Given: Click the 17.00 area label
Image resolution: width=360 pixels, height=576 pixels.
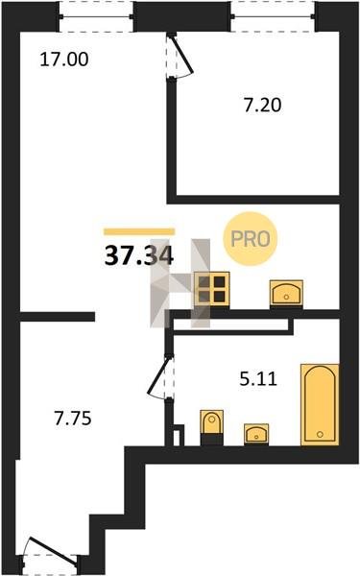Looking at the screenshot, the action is pyautogui.click(x=64, y=60).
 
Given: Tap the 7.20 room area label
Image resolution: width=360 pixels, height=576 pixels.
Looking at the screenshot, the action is pyautogui.click(x=263, y=105).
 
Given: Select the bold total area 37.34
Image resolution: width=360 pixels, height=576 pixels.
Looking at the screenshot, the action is pyautogui.click(x=139, y=256).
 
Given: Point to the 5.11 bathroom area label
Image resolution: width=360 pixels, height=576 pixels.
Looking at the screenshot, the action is pyautogui.click(x=258, y=379).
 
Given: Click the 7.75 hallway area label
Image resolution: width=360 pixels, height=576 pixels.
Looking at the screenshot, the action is pyautogui.click(x=73, y=419).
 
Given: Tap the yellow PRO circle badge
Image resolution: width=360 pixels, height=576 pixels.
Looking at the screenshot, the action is pyautogui.click(x=251, y=239).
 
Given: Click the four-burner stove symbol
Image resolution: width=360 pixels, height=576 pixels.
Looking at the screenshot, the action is pyautogui.click(x=212, y=289).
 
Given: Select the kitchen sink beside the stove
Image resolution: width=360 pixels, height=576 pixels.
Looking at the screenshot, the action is pyautogui.click(x=286, y=293).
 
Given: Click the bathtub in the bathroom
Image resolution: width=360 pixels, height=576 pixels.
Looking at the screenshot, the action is pyautogui.click(x=320, y=405).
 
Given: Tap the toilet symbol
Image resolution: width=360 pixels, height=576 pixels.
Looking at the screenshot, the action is pyautogui.click(x=211, y=427).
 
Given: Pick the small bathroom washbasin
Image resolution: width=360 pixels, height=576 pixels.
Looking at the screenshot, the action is pyautogui.click(x=256, y=434).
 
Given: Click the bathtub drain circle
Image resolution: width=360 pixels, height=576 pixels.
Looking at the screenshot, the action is pyautogui.click(x=320, y=434).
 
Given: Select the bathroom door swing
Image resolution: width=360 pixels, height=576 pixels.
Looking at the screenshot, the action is pyautogui.click(x=159, y=377).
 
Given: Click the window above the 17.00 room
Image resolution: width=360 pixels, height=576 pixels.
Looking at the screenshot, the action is pyautogui.click(x=96, y=16).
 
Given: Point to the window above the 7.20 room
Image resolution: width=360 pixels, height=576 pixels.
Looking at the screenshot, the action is pyautogui.click(x=273, y=16).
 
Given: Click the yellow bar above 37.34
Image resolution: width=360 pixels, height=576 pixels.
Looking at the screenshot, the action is pyautogui.click(x=139, y=231).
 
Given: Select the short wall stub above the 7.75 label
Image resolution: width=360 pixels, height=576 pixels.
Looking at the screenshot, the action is pyautogui.click(x=58, y=317).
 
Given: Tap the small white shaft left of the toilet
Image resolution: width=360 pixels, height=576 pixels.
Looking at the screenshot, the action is pyautogui.click(x=177, y=438).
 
